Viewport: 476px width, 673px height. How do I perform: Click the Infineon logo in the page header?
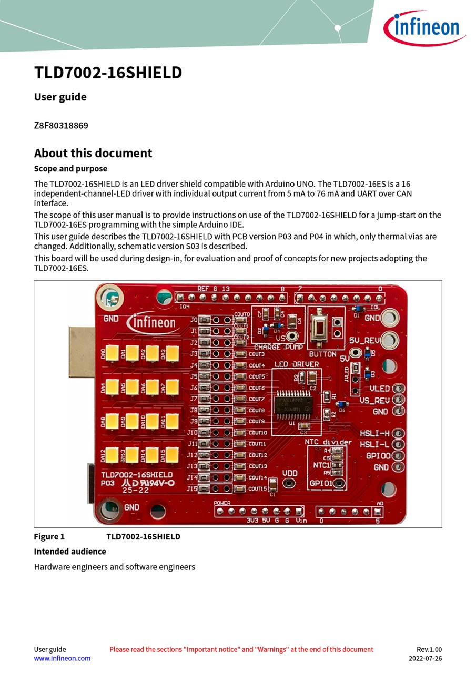tap(424, 28)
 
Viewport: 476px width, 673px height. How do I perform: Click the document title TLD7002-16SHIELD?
tap(108, 73)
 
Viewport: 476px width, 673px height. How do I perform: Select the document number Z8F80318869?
tap(61, 126)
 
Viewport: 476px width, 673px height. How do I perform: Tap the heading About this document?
tap(93, 153)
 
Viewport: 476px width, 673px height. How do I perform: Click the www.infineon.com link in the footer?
tap(62, 658)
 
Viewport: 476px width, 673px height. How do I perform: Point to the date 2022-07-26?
tap(425, 658)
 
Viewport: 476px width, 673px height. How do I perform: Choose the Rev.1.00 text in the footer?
tap(429, 649)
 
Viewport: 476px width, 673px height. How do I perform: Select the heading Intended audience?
tap(70, 551)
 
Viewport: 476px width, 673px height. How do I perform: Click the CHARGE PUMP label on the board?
tap(278, 347)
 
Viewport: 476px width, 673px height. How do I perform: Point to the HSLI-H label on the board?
tap(374, 433)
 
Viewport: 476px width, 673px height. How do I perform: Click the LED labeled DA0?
tap(112, 353)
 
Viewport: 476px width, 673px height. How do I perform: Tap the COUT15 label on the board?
tap(258, 489)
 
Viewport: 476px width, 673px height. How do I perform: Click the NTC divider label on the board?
tap(328, 442)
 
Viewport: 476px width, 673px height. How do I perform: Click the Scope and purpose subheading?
tap(70, 169)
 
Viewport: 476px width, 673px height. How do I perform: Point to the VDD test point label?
tap(290, 473)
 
